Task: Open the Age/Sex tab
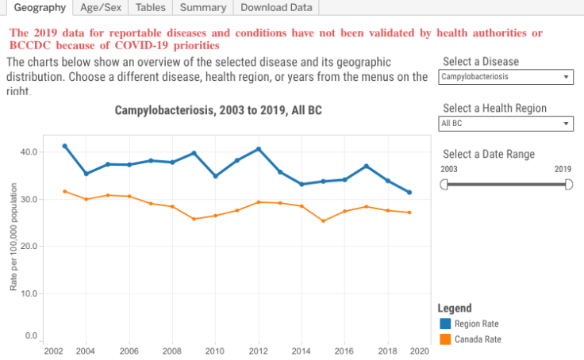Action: point(100,8)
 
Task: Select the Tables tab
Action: point(151,8)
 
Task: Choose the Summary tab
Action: point(202,8)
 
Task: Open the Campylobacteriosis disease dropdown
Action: point(505,77)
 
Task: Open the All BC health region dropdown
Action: point(505,124)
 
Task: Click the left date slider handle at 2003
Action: point(444,184)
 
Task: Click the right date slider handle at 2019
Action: point(568,184)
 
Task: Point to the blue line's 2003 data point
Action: point(65,146)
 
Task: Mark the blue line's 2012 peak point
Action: point(259,149)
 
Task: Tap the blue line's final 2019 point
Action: point(409,192)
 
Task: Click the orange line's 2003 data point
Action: point(65,191)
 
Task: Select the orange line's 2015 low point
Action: point(323,220)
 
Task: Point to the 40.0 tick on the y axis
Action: point(29,152)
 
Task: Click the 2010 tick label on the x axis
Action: point(215,350)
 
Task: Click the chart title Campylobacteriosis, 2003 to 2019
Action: point(219,110)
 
